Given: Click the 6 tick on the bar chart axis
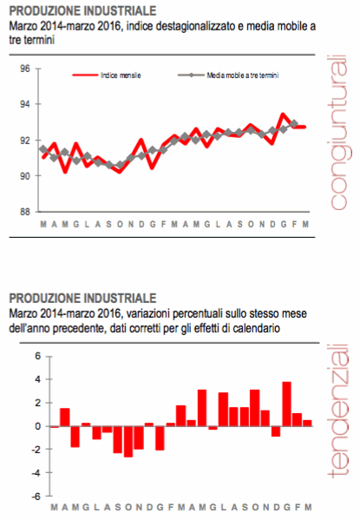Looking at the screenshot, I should point(36,356).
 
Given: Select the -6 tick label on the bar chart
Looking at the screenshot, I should point(34,497).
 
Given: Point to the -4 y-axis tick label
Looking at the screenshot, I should point(34,473).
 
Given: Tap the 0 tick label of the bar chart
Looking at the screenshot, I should point(36,426).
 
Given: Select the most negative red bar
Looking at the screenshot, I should point(128,441).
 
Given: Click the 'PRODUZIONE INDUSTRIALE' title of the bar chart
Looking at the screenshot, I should point(82,297).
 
